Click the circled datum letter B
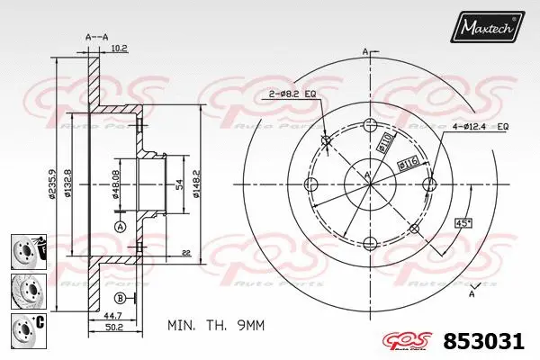pyautogui.click(x=120, y=298)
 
